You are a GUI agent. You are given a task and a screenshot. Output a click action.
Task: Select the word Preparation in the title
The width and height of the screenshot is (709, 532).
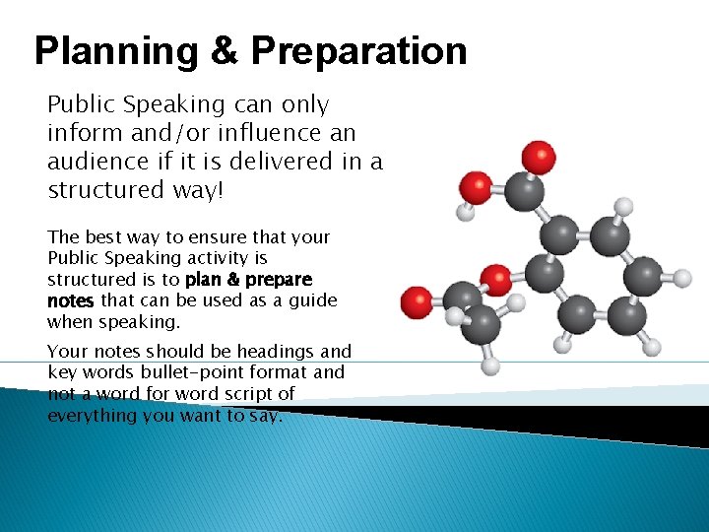[358, 51]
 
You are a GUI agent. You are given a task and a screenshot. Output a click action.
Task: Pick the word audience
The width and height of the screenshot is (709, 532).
[94, 161]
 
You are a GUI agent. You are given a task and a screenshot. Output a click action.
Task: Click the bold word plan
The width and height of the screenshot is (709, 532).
[205, 280]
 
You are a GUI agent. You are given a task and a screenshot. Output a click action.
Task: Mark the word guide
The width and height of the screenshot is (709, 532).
[314, 300]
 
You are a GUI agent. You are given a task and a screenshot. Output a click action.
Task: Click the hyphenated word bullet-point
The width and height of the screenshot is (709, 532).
[186, 372]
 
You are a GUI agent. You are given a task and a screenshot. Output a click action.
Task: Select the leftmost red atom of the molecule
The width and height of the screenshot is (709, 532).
[418, 300]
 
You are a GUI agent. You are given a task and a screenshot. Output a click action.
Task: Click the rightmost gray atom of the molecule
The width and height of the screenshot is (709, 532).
[642, 275]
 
